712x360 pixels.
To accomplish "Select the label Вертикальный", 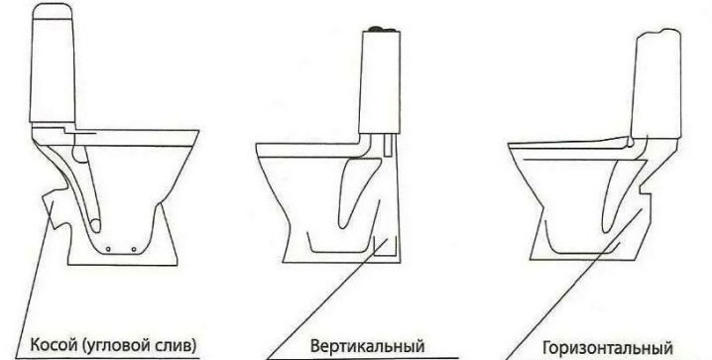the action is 367,346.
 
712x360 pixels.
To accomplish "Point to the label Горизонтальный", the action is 608,349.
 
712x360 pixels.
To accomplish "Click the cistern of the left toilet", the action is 53,63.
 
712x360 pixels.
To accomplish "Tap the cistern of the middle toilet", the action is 380,81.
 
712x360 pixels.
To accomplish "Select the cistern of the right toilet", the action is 655,83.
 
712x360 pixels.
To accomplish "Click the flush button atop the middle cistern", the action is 380,29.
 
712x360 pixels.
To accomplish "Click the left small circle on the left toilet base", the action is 108,249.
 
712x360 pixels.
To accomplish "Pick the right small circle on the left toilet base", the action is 134,249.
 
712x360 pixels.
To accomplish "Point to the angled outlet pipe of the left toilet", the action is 55,209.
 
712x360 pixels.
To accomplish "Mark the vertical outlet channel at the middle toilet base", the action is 385,248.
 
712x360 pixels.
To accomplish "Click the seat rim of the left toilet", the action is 136,138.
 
